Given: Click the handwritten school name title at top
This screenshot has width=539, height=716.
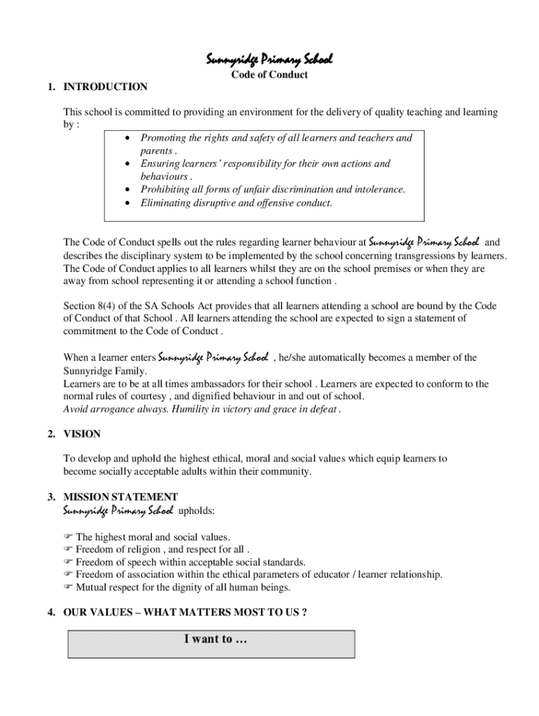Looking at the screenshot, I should coord(269,59).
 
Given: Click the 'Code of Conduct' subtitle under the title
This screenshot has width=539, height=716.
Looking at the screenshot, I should coord(269,75).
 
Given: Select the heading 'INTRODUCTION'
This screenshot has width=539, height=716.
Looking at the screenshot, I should coord(105,87).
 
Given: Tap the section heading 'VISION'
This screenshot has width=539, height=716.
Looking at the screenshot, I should coord(82,434).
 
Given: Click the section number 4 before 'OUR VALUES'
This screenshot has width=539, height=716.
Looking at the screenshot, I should coord(52,613).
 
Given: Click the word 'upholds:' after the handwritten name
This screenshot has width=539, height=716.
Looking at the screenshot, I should coord(197,511).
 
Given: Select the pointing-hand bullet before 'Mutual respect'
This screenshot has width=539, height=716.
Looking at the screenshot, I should coord(68,587).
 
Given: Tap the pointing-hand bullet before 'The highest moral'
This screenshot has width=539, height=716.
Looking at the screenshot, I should coord(68,537).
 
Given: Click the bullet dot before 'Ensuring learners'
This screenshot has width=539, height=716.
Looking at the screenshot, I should coord(127,164).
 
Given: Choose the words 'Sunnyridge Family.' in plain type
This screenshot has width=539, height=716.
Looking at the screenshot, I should coord(105,371).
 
